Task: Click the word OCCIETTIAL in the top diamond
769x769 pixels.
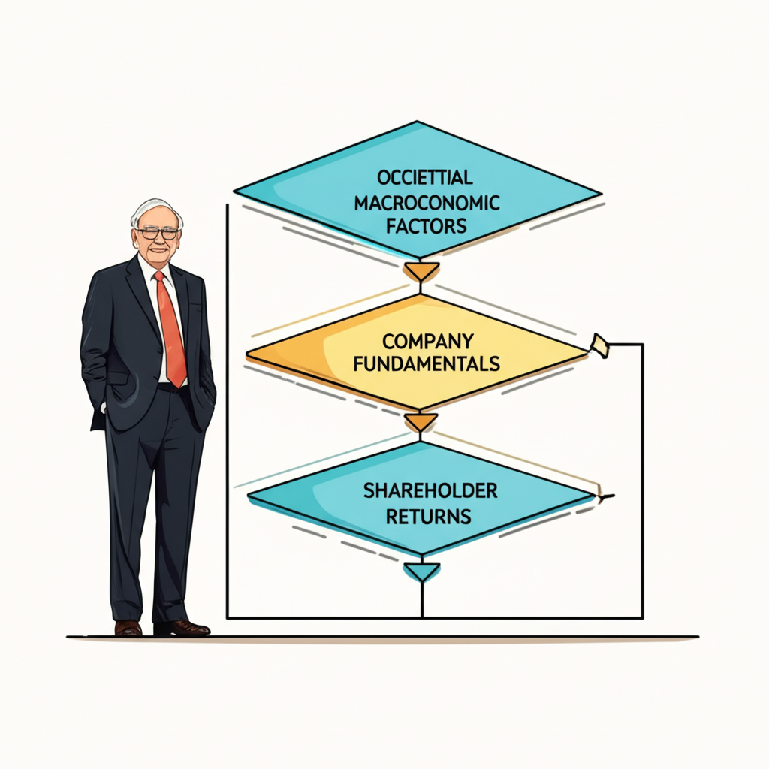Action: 425,177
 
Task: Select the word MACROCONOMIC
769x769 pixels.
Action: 427,203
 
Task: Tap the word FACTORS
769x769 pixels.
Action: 426,226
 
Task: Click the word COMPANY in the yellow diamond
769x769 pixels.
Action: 427,341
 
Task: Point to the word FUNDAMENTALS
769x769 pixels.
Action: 427,364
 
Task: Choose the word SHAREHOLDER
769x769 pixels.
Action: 430,490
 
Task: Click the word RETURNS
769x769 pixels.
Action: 429,517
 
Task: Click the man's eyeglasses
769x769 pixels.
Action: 157,234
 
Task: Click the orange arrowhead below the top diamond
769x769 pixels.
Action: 421,272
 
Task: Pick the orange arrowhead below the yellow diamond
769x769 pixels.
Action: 421,422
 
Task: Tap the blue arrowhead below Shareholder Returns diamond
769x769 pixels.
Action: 421,572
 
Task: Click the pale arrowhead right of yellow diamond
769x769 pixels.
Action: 600,345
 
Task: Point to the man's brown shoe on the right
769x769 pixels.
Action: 182,628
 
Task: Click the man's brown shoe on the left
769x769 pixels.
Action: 128,628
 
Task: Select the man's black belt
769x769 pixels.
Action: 169,387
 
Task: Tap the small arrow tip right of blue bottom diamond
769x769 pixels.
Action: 607,496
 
